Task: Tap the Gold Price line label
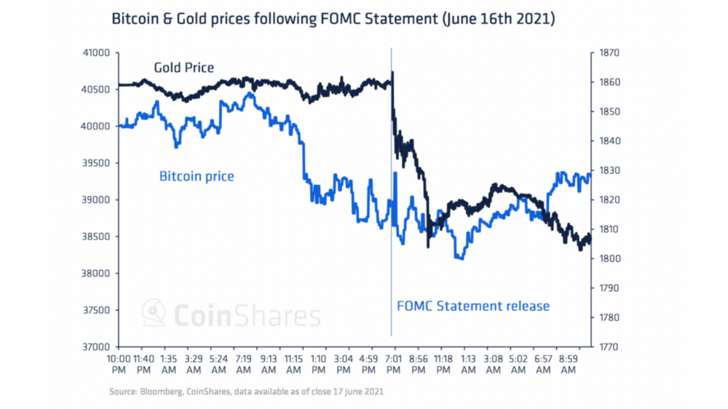(183, 68)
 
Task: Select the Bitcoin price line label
(197, 176)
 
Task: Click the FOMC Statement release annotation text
(473, 306)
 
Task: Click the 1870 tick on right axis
(609, 52)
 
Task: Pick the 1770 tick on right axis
(609, 346)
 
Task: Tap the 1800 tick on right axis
(609, 258)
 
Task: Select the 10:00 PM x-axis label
(119, 364)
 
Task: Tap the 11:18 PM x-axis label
(443, 364)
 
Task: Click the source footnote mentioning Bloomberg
(246, 392)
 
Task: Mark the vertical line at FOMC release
(392, 218)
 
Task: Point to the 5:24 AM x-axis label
(218, 364)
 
